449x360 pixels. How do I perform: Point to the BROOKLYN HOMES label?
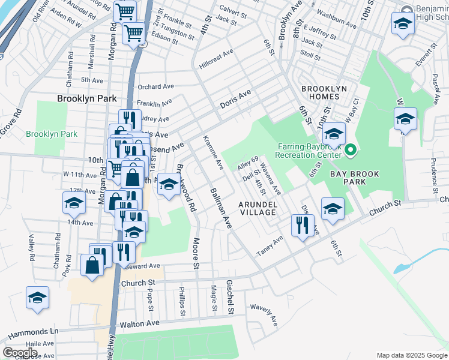pos(324,93)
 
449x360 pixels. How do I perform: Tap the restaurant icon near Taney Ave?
pos(301,226)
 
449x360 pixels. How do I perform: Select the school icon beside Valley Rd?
pos(37,298)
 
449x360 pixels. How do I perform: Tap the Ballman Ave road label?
pos(220,208)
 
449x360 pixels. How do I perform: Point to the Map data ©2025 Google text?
pos(411,355)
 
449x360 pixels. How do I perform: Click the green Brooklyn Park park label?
pos(52,134)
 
